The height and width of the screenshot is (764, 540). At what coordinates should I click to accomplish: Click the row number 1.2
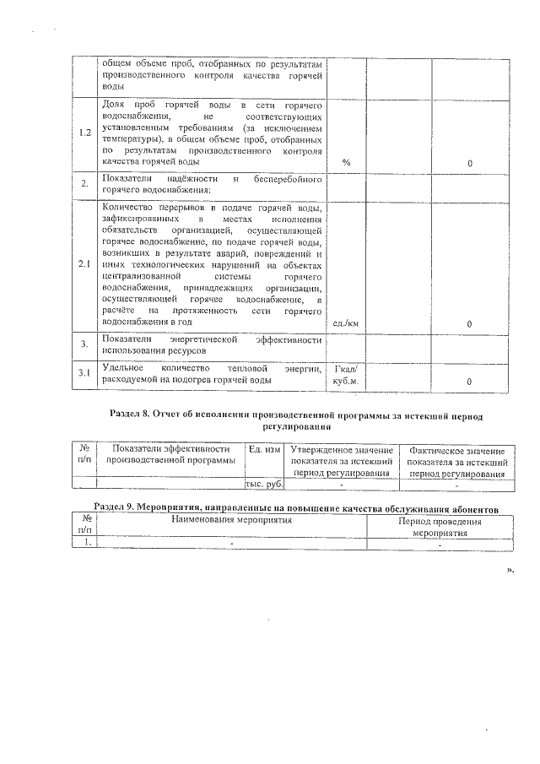point(84,133)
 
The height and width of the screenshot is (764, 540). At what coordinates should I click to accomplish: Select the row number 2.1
point(84,263)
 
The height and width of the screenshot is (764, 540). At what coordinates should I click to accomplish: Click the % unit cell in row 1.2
point(346,162)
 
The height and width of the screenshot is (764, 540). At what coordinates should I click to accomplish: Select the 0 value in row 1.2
point(469,162)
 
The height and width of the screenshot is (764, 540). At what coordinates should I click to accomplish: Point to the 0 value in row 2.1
point(469,323)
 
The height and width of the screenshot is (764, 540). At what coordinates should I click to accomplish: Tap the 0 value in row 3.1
point(469,382)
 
